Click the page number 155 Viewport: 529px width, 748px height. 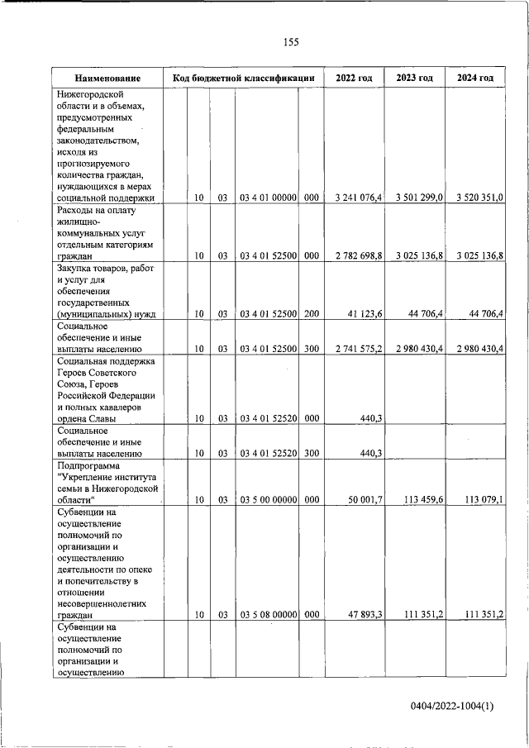point(291,42)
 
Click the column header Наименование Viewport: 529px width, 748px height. point(107,79)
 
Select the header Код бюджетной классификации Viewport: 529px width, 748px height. point(244,79)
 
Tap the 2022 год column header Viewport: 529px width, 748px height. point(354,79)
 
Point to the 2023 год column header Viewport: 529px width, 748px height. point(415,79)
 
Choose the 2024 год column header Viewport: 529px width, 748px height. point(475,79)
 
